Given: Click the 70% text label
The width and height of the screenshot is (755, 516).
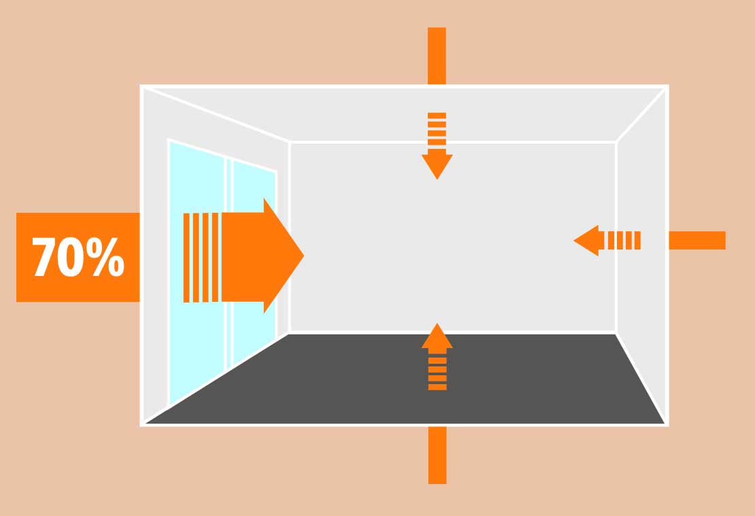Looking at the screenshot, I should (x=78, y=258).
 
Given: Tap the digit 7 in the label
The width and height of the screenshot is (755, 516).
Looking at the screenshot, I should (x=44, y=258).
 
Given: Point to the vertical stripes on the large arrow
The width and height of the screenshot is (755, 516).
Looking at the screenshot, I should (x=201, y=257).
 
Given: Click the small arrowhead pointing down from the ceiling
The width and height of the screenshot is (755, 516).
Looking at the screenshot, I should (x=437, y=165).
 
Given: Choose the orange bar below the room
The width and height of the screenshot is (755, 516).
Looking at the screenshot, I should (x=437, y=455).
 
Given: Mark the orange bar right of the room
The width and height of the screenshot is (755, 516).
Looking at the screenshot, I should (x=697, y=241).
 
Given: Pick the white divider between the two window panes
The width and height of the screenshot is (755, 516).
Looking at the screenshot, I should (x=229, y=265).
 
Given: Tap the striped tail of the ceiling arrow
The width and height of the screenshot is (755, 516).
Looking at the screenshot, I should (x=437, y=129).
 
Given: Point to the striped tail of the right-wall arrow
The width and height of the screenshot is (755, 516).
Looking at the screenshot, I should (x=624, y=241).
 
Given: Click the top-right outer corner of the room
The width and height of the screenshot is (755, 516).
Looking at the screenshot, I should (x=667, y=86).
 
